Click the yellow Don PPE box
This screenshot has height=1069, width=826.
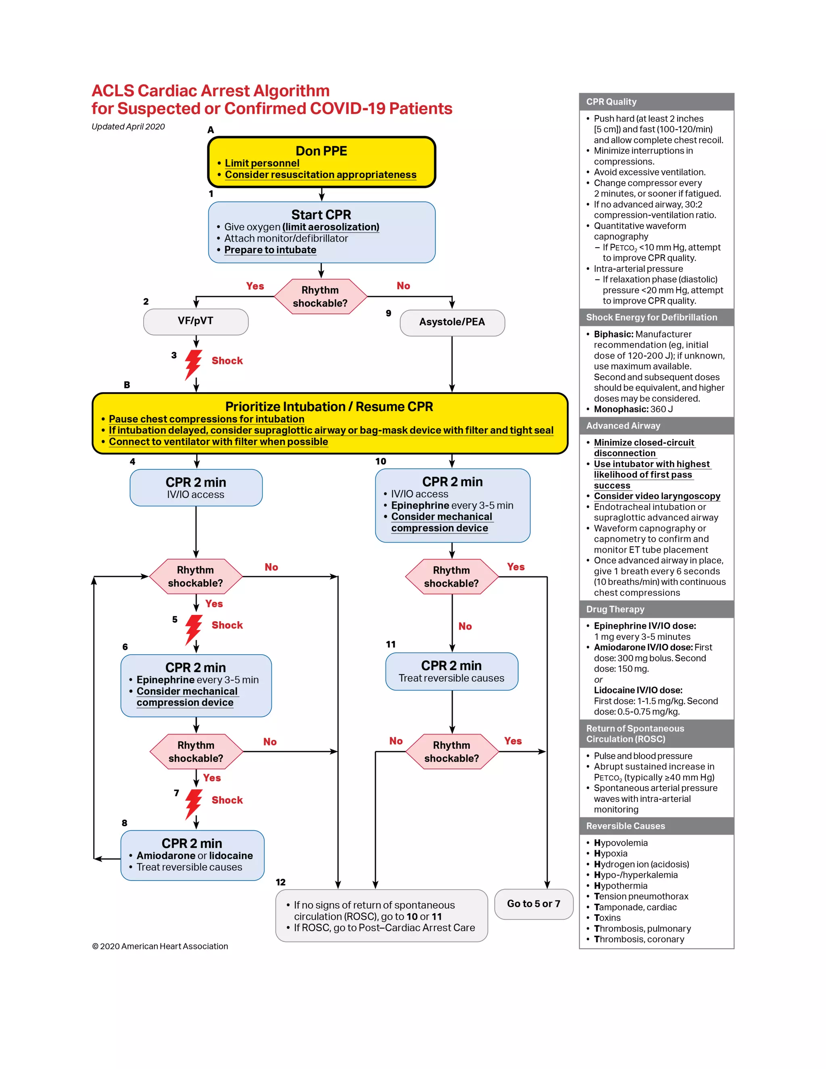point(321,162)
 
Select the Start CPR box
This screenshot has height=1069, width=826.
point(321,232)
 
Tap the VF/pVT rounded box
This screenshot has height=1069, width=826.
point(196,321)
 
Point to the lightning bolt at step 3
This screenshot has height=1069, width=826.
point(193,364)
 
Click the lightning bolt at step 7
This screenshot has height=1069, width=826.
point(193,803)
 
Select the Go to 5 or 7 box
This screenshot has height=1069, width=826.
point(533,904)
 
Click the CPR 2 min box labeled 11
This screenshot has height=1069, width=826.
point(451,671)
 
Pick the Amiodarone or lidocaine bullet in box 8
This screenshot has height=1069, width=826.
point(194,856)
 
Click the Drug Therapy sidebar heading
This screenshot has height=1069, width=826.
point(615,610)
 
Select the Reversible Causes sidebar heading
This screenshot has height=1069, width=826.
point(626,826)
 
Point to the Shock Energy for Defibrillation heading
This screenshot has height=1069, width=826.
point(651,317)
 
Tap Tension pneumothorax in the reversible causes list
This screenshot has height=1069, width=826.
point(641,896)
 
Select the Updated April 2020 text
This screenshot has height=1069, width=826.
point(128,127)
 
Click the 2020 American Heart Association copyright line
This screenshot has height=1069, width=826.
point(160,946)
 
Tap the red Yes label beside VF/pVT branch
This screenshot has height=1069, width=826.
point(255,286)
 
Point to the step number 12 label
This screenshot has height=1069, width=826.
point(280,882)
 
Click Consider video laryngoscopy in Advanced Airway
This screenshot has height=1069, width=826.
point(657,496)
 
